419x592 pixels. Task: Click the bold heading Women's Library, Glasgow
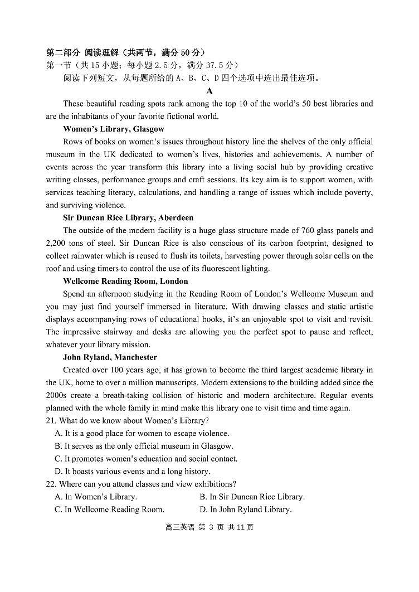click(113, 129)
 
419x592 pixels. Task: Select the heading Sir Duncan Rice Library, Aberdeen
click(128, 217)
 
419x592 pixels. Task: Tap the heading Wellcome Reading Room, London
click(125, 281)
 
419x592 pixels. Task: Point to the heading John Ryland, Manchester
click(110, 357)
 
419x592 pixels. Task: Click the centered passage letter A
click(209, 91)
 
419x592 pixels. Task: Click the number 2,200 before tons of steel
click(57, 243)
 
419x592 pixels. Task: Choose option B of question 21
click(144, 446)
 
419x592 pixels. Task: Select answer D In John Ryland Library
click(245, 509)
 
